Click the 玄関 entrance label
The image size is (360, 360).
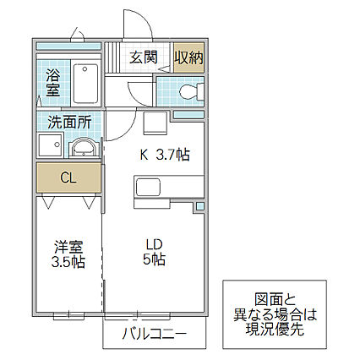point(144,57)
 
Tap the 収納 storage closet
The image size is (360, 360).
point(188,57)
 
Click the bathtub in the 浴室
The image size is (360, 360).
point(85,84)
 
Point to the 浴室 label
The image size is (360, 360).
point(53,83)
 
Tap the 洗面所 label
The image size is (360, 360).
point(69,122)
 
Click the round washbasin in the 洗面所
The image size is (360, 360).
point(85,148)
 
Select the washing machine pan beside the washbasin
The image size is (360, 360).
point(51,145)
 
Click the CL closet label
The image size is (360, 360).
point(68,177)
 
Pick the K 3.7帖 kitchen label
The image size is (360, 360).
point(165,155)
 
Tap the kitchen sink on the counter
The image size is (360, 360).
point(148,187)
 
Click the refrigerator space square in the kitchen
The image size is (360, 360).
point(154,123)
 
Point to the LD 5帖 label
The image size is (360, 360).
point(154,252)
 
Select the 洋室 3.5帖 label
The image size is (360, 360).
point(68,254)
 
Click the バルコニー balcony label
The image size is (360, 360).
point(154,334)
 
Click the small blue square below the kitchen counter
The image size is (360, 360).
point(199,206)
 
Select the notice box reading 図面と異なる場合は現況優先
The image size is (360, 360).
point(275,314)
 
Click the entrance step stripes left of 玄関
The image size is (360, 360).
point(112,57)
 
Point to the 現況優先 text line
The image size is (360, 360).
point(275,329)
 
